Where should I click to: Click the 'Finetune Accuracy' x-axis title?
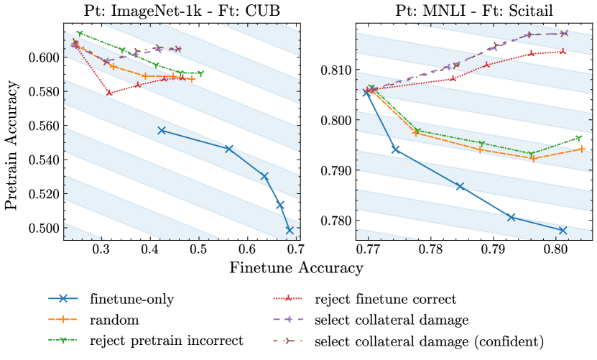coord(296,268)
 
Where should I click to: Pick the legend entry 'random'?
coord(111,319)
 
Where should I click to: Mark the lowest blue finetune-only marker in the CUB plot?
coord(290,230)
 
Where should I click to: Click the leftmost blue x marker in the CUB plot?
coord(162,131)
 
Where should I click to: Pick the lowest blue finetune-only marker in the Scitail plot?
coord(563,230)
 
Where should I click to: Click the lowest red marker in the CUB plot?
coord(109,93)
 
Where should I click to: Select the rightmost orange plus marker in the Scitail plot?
coord(582,149)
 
